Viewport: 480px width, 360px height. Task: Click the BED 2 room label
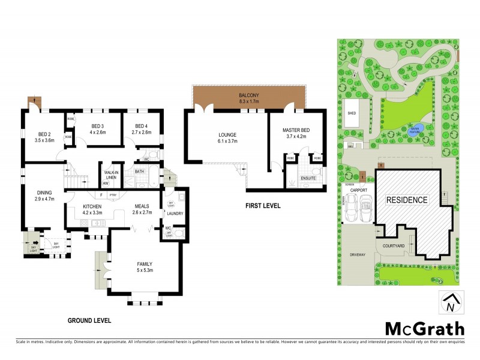click(46, 134)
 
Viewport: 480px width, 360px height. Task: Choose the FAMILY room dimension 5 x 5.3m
click(144, 271)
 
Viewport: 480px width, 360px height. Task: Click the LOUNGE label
click(227, 134)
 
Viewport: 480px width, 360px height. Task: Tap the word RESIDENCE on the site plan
click(407, 200)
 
